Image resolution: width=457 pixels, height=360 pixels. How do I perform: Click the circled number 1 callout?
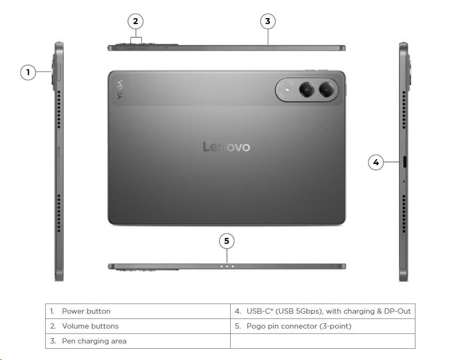pos(28,72)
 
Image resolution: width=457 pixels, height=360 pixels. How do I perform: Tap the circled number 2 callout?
pos(135,21)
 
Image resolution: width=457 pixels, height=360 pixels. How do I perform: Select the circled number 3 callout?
pos(267,21)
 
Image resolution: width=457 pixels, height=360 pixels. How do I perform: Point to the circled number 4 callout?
pos(376,162)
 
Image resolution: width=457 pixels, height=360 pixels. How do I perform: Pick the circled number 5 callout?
pos(227,241)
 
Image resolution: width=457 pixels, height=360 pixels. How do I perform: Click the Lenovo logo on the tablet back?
pos(226,146)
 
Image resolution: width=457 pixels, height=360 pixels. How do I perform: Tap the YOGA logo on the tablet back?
pos(120,89)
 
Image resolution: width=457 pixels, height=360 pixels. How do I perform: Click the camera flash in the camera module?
pos(288,89)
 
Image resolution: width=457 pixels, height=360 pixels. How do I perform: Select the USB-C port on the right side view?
pos(405,162)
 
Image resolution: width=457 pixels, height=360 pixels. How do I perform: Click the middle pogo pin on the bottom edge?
pos(227,266)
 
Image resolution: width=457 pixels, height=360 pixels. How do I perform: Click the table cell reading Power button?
pos(138,312)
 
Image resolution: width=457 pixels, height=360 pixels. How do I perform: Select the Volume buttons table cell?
pos(138,326)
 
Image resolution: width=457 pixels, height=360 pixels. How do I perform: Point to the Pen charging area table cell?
pos(138,341)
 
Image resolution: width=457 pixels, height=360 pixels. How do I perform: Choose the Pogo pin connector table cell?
pos(323,326)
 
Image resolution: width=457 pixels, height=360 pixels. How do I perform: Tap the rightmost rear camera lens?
pos(326,89)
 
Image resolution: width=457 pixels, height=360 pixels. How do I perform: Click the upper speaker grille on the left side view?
pos(59,109)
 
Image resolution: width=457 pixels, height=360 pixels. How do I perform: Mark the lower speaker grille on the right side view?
pos(404,214)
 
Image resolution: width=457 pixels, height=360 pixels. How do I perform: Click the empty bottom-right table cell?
pos(323,341)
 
